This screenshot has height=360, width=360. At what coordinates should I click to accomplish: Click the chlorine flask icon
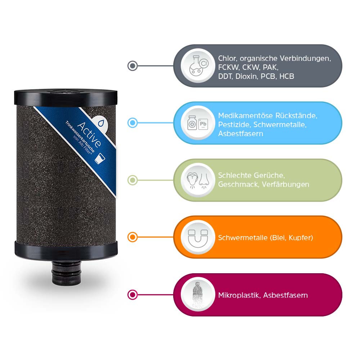[x=197, y=66]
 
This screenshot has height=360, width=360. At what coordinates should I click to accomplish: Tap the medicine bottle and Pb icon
[x=197, y=123]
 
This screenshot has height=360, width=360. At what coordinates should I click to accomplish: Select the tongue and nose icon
[x=197, y=180]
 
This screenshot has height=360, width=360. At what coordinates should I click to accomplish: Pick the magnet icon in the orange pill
[x=197, y=237]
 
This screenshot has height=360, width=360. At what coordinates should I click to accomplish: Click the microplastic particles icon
[x=197, y=295]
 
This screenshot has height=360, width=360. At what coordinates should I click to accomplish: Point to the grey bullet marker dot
[x=132, y=66]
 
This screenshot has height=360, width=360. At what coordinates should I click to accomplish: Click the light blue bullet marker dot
[x=132, y=123]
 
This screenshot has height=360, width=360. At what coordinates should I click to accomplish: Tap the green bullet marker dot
[x=132, y=180]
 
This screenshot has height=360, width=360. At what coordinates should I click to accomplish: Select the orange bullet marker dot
[x=132, y=237]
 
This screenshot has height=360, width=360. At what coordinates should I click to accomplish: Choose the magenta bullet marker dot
[x=132, y=295]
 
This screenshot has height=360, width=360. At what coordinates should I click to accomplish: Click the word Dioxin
[x=247, y=76]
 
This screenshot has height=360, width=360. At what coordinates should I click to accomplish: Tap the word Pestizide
[x=234, y=125]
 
